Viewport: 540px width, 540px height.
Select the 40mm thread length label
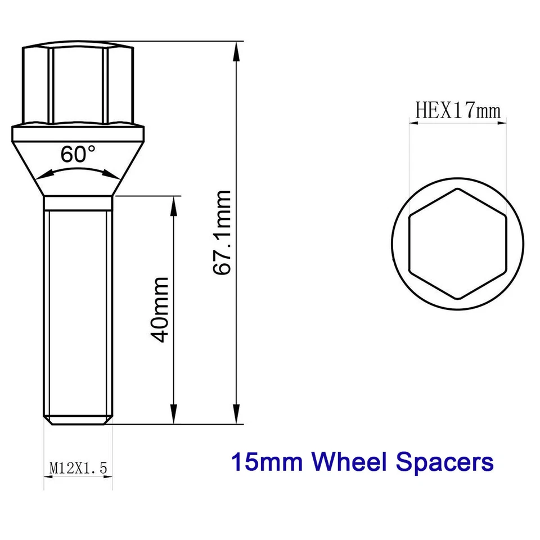point(160,308)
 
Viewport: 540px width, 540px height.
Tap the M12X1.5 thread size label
point(78,466)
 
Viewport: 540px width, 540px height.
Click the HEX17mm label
point(457,110)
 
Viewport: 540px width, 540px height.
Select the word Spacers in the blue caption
point(448,462)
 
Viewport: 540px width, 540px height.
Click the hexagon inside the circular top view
point(457,243)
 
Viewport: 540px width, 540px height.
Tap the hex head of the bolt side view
point(78,84)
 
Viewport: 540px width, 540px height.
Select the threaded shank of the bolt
point(78,309)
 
